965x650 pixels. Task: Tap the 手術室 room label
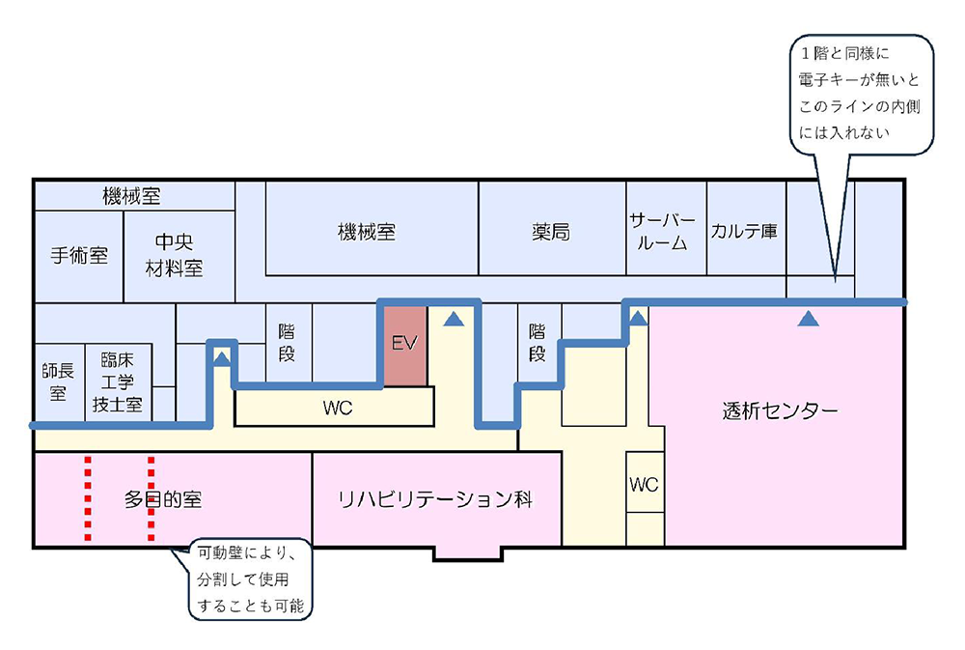pyautogui.click(x=79, y=256)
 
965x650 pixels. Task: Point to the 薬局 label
pyautogui.click(x=551, y=233)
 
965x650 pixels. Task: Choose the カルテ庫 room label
pyautogui.click(x=744, y=232)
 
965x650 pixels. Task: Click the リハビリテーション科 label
pyautogui.click(x=435, y=499)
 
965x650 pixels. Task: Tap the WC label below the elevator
pyautogui.click(x=338, y=409)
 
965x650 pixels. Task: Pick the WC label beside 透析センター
pyautogui.click(x=644, y=484)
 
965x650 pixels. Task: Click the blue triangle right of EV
pyautogui.click(x=455, y=317)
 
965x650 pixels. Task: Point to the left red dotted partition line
pyautogui.click(x=88, y=498)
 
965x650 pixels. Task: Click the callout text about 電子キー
pyautogui.click(x=858, y=93)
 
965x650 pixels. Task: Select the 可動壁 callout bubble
pyautogui.click(x=251, y=580)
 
